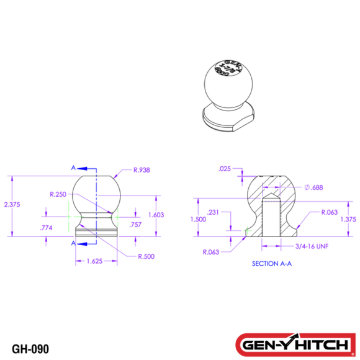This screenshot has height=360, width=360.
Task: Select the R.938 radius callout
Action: click(142, 169)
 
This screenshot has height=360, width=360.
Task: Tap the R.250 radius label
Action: click(57, 194)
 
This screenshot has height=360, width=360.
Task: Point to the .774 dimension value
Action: click(45, 228)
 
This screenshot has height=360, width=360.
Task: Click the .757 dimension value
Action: click(133, 224)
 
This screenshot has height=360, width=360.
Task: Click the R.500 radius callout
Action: click(146, 256)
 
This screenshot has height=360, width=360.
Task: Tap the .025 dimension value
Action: click(225, 169)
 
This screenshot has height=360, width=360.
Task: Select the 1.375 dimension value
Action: click(348, 219)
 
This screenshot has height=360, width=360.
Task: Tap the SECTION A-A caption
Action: click(271, 263)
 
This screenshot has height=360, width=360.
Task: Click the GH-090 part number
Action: click(30, 348)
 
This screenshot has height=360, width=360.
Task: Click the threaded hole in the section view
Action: click(271, 217)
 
